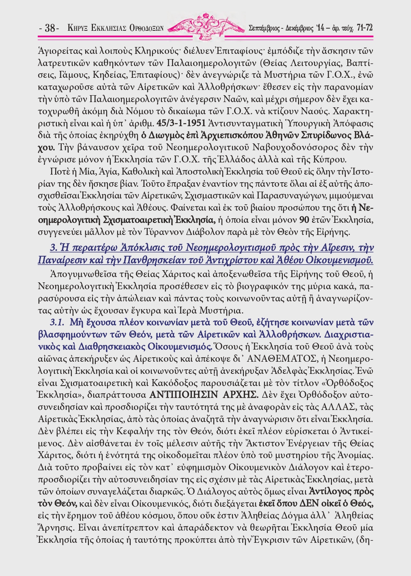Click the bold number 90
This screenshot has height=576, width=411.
click(x=304, y=220)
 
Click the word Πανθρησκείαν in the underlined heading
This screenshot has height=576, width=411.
click(x=145, y=259)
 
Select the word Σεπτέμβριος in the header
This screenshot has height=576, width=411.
click(x=265, y=28)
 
